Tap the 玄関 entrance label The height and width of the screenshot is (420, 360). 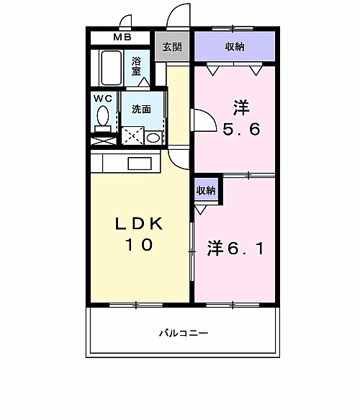click(x=171, y=48)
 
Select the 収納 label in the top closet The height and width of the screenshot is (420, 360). click(x=234, y=48)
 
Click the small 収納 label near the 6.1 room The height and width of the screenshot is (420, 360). click(x=207, y=191)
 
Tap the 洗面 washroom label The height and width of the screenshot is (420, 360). click(x=141, y=110)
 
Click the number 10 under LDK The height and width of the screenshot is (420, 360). click(x=140, y=245)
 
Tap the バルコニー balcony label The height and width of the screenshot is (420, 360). click(x=184, y=334)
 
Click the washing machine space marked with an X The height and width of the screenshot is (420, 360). click(x=131, y=135)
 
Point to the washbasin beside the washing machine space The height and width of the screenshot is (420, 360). click(x=153, y=136)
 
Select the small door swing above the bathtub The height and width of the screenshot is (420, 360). click(x=125, y=22)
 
